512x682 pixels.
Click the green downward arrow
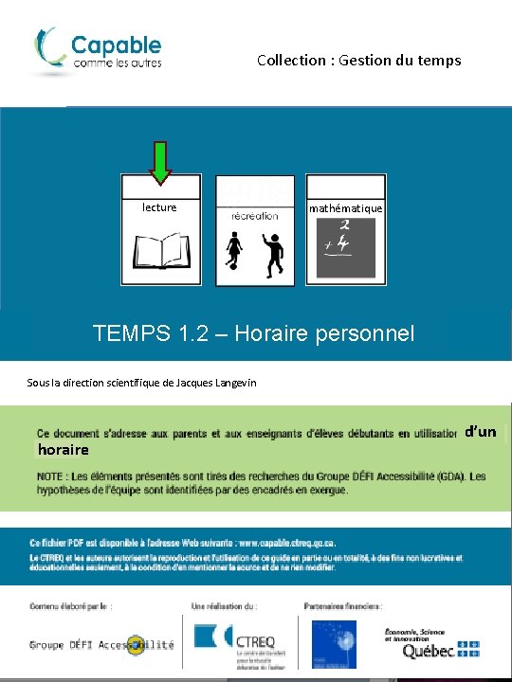point(160,162)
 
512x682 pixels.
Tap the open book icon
point(160,251)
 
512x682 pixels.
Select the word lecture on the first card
point(159,206)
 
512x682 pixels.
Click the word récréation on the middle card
point(255,216)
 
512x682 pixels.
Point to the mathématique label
point(346,208)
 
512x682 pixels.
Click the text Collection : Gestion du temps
point(358,60)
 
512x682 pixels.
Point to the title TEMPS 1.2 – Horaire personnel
point(254,333)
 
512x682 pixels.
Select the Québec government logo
point(431,643)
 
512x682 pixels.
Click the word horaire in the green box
point(63,449)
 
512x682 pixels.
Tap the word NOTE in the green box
point(51,476)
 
